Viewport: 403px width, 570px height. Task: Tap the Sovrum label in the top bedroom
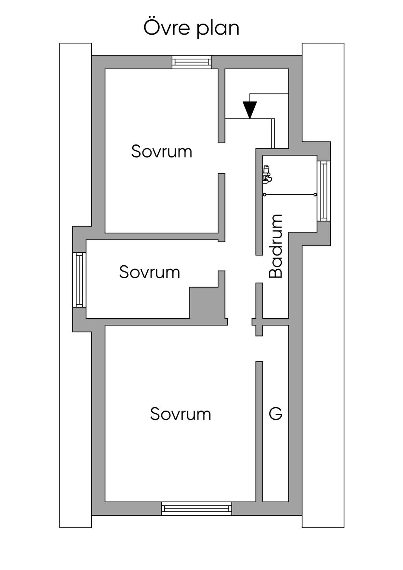[161, 152]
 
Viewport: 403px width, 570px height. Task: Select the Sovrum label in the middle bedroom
[150, 272]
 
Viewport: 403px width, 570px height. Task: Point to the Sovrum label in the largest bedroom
[180, 414]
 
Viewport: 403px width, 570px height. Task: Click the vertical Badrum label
[276, 246]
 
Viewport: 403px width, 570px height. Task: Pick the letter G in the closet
[275, 414]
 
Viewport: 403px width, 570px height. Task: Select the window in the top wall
[192, 62]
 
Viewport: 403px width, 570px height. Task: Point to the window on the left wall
[80, 279]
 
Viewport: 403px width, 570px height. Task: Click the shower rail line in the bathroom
[290, 194]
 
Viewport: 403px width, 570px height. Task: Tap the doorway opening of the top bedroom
[222, 158]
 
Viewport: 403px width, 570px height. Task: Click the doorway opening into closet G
[259, 349]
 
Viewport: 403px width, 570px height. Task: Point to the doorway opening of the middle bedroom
[222, 256]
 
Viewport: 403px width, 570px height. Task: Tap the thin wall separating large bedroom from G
[259, 431]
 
